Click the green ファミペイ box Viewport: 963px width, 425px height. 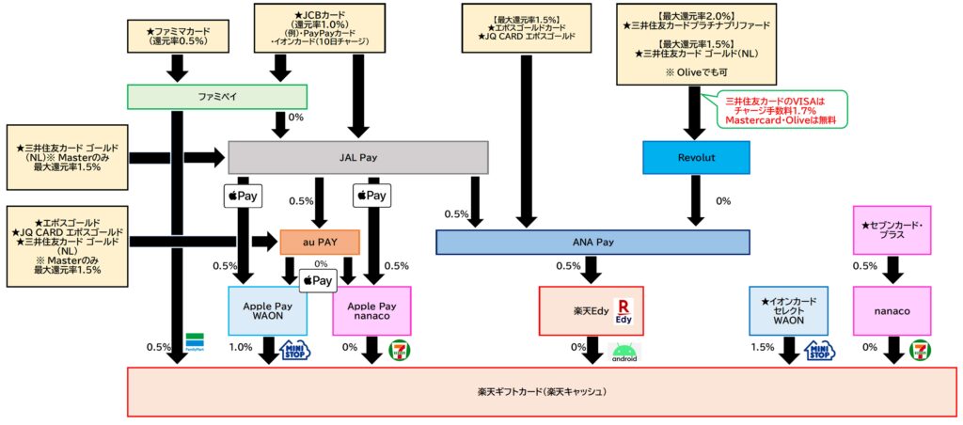tap(217, 97)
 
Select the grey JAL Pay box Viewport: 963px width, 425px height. tap(357, 157)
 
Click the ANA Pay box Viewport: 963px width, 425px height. tap(592, 242)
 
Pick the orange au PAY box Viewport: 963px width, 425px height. tap(320, 242)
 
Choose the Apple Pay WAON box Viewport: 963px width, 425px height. tap(268, 311)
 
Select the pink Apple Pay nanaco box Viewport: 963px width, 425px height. tap(372, 311)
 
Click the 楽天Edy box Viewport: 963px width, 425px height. tap(591, 311)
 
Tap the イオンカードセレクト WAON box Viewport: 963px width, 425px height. tap(788, 311)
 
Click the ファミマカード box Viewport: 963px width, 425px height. tap(180, 36)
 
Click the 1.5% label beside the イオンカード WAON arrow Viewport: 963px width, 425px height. tap(761, 347)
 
